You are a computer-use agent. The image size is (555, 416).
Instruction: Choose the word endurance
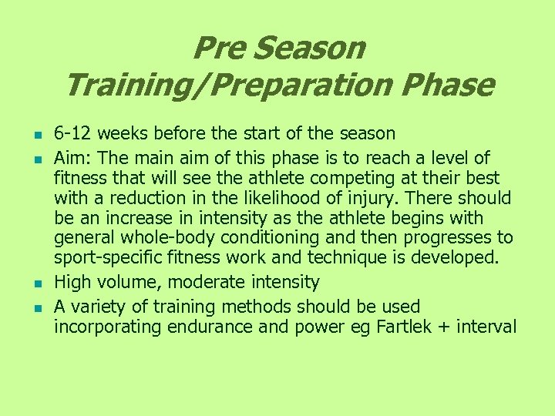[x=206, y=327]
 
